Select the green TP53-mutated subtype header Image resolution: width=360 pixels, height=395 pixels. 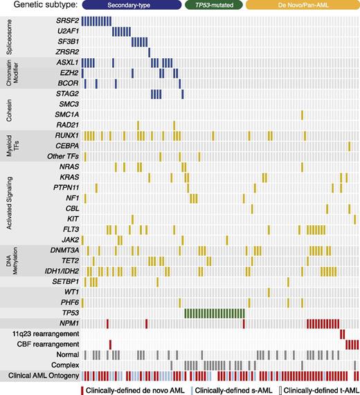click(214, 6)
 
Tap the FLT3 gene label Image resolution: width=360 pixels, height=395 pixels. click(69, 229)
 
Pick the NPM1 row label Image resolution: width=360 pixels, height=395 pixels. click(68, 323)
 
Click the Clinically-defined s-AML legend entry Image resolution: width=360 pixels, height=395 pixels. click(235, 389)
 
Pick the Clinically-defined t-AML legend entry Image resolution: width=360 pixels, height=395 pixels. click(319, 389)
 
